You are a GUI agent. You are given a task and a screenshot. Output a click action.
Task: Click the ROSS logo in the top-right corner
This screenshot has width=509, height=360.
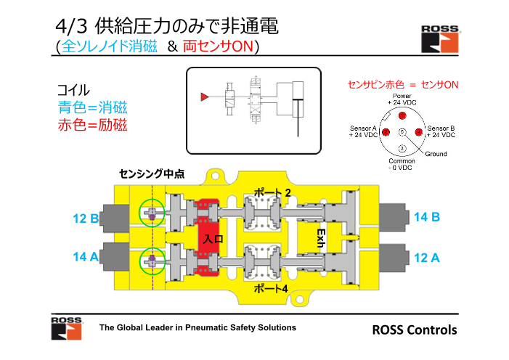point(439,38)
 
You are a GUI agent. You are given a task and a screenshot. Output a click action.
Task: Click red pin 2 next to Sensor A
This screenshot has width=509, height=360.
point(385,131)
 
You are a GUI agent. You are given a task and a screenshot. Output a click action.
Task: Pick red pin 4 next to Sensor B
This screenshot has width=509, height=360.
point(418,131)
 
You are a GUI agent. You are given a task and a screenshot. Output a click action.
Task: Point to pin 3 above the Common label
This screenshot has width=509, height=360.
point(402,149)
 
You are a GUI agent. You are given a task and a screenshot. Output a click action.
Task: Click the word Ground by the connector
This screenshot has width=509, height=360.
point(436,154)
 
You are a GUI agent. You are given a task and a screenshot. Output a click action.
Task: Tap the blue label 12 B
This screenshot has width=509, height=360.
point(86,218)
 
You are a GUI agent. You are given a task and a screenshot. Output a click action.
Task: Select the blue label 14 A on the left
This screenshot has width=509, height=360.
point(86,257)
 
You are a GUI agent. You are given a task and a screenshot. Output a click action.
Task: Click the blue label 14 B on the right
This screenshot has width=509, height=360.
point(427,217)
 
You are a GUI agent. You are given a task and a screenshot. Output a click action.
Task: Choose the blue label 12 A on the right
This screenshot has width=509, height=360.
point(427,257)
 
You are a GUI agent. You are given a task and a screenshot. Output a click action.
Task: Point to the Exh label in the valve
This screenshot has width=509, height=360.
point(319,237)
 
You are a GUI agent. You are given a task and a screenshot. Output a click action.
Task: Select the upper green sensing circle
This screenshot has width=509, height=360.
point(152,213)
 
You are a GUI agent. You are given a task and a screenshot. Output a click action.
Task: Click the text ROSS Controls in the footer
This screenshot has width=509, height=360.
point(415,330)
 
